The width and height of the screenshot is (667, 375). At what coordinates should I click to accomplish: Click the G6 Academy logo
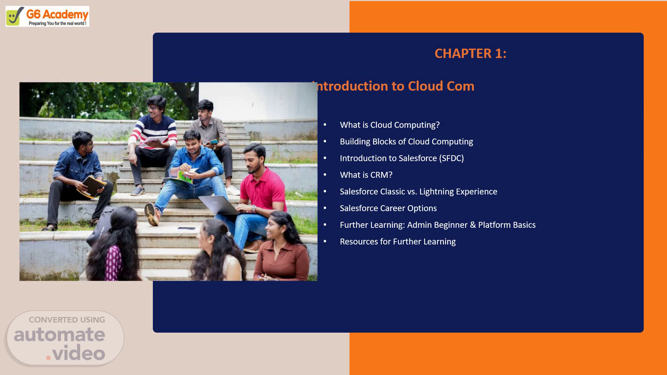47,16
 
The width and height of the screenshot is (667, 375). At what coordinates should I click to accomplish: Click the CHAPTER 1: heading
470,53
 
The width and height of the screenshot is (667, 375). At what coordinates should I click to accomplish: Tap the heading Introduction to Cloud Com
393,86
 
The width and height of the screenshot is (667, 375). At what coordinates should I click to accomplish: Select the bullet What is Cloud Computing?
390,125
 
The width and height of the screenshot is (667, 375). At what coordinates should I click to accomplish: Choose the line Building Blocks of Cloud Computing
406,142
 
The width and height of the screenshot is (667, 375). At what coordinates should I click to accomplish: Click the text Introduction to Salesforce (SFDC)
402,158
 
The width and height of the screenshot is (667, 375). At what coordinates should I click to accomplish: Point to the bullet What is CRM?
366,175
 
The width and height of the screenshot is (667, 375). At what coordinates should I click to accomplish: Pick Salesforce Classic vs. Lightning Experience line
419,192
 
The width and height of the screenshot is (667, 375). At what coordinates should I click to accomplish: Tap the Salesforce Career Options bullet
388,208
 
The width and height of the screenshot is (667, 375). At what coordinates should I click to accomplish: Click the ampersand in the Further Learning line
473,225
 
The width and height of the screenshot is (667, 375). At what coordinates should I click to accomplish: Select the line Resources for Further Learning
398,242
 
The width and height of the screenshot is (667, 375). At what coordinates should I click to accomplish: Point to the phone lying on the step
187,228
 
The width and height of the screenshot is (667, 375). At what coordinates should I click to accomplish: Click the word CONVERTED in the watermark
53,320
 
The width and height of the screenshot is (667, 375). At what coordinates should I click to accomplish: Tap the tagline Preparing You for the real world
57,23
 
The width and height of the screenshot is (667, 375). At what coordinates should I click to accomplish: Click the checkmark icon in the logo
15,16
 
